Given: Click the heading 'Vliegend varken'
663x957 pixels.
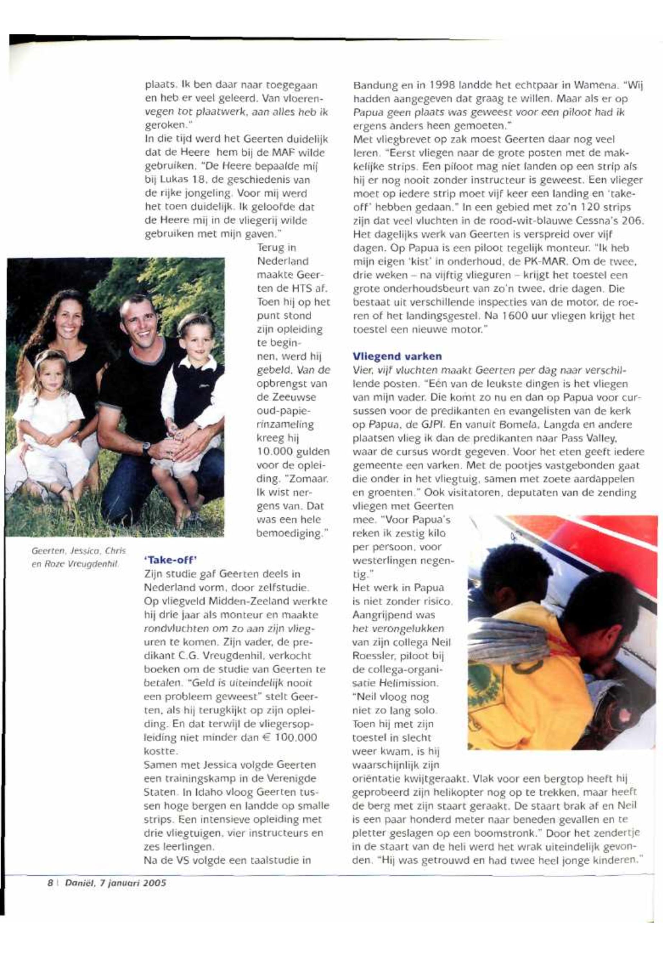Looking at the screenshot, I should pos(397,357).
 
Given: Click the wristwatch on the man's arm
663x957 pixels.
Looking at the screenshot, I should pos(146,448).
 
